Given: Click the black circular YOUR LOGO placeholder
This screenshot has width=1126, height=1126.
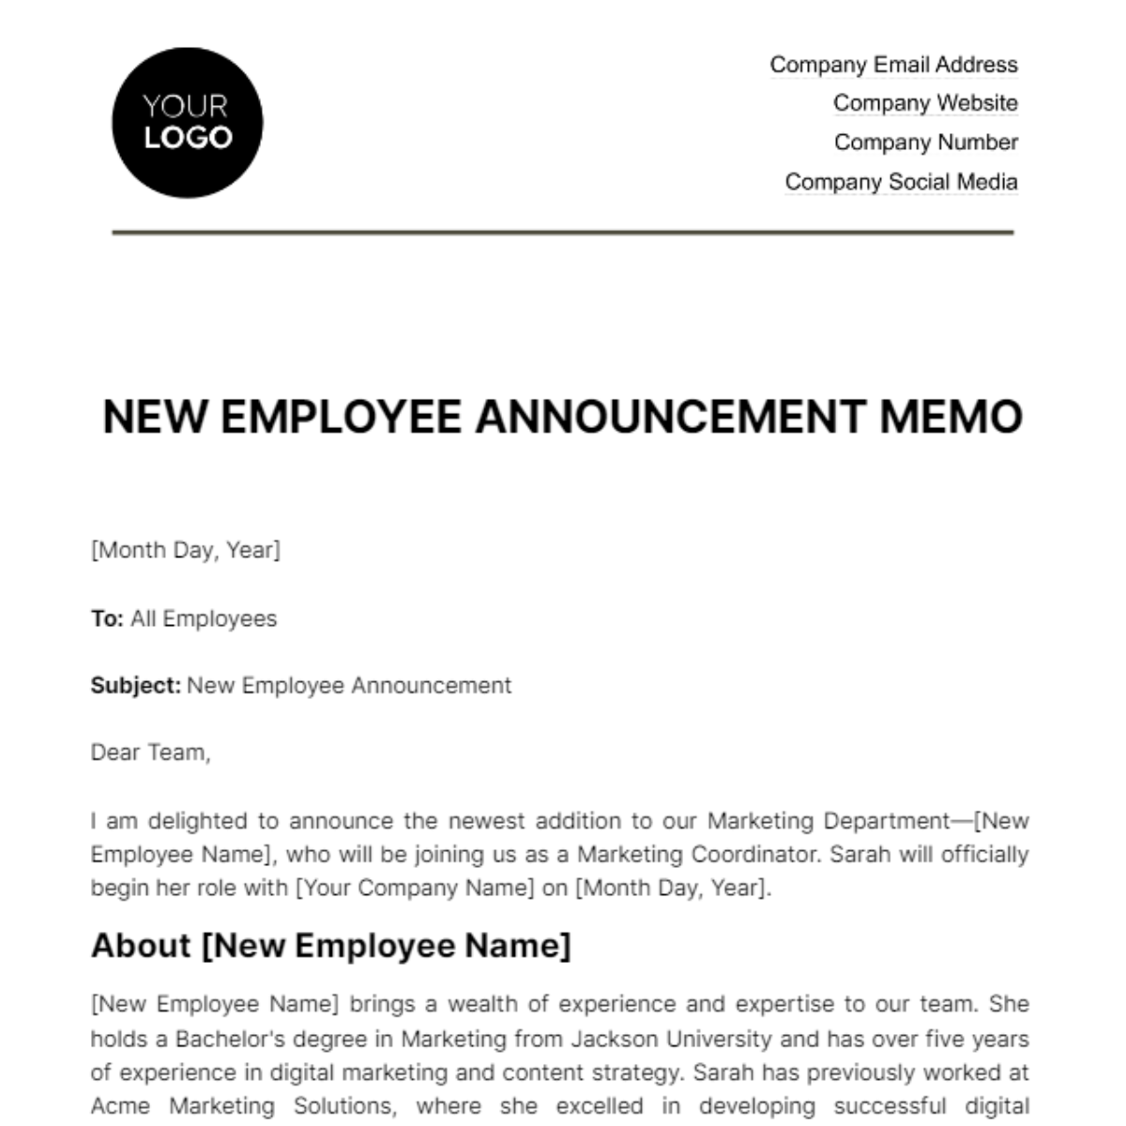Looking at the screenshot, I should point(187,123).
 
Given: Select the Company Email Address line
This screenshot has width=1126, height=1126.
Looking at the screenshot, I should point(893,65).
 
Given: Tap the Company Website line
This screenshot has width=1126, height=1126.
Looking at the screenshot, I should point(925,103).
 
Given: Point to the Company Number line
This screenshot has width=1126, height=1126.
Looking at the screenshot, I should point(925,143).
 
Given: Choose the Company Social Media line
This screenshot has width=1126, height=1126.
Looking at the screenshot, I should point(901,182).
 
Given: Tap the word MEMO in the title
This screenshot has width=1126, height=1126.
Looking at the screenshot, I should point(951,417).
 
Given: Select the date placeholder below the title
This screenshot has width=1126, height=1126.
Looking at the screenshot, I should point(185,550).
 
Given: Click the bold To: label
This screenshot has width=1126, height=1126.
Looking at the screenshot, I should point(107,619).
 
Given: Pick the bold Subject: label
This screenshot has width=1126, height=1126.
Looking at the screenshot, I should point(135,686).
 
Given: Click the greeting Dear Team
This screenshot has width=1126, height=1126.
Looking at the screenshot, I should point(150,753).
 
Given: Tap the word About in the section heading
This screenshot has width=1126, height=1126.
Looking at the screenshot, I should point(141,945).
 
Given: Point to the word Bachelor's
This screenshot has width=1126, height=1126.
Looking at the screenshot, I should point(240,1039).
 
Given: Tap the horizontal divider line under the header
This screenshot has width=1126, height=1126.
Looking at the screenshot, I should point(563,232).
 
